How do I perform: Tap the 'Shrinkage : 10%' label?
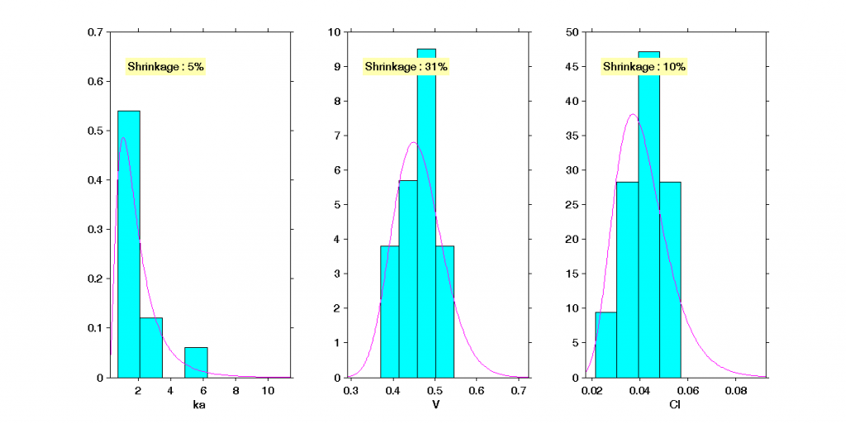[x=644, y=66]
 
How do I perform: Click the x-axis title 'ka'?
[x=198, y=405]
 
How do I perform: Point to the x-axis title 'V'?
[x=435, y=405]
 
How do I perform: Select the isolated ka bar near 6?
[x=196, y=362]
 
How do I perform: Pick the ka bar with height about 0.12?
[x=150, y=347]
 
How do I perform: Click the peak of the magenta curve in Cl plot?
[x=632, y=115]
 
